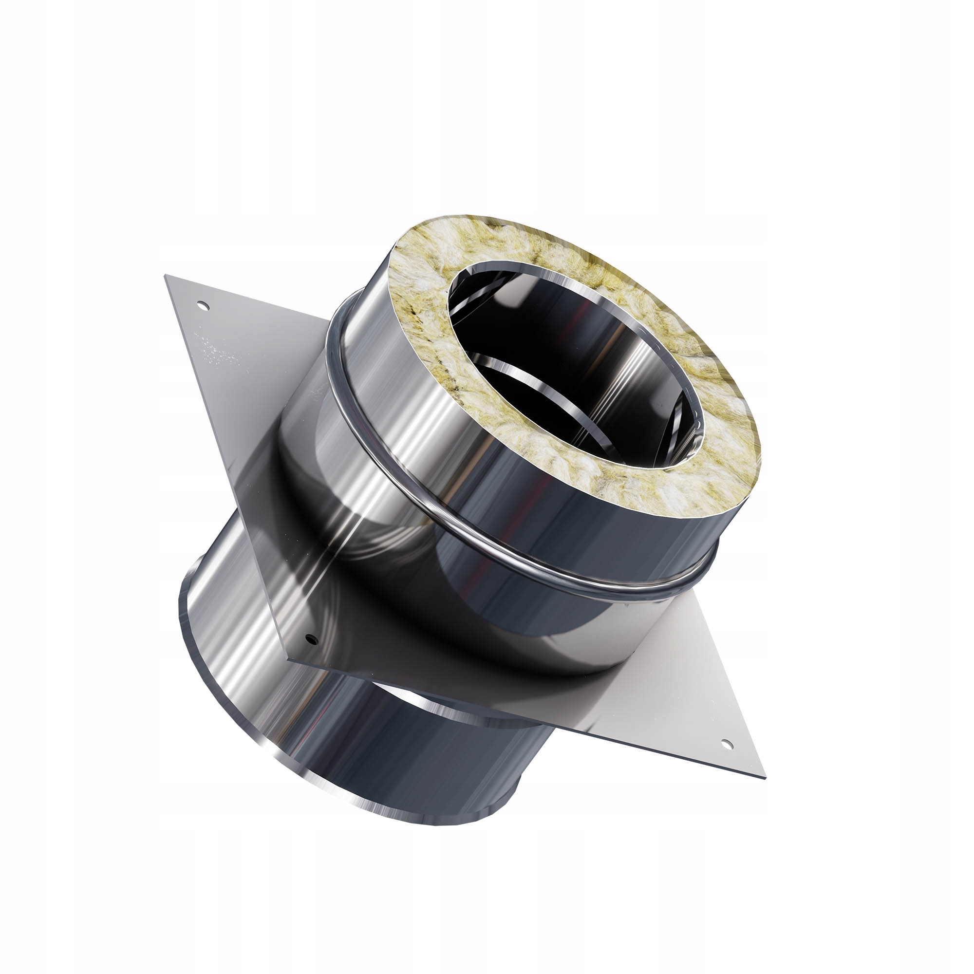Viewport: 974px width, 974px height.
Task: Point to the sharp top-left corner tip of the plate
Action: point(166,275)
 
